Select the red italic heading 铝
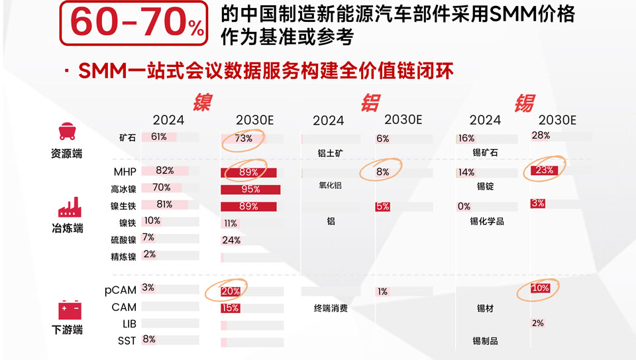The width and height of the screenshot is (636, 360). click(370, 102)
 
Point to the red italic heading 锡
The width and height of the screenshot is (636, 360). click(524, 102)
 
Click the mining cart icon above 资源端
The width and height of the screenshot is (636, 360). click(66, 131)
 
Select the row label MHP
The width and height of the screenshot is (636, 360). click(125, 172)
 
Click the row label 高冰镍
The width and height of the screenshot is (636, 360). click(123, 188)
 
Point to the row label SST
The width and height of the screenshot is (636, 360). click(126, 341)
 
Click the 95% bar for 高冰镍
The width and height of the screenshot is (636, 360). click(250, 189)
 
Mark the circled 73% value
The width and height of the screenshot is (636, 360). click(243, 139)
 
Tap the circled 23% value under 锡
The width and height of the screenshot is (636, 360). click(544, 170)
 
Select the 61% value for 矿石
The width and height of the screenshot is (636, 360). click(158, 137)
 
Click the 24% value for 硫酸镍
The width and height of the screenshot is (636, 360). click(231, 240)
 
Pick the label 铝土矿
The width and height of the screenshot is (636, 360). click(331, 153)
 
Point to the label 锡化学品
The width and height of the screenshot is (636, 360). click(487, 221)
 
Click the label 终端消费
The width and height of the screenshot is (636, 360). click(331, 308)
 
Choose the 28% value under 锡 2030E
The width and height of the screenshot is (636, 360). click(541, 135)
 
